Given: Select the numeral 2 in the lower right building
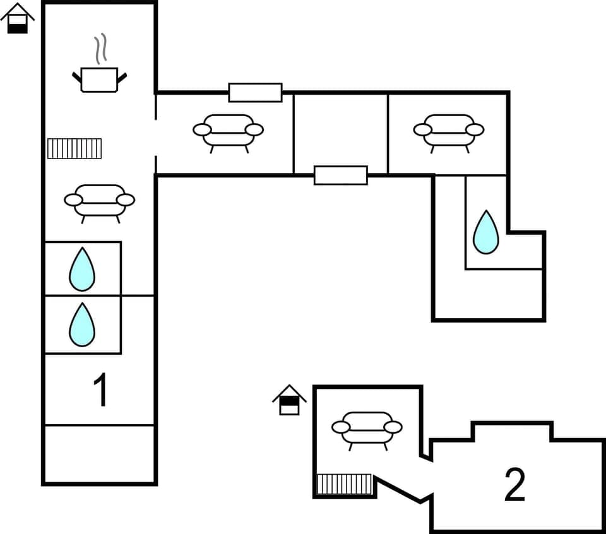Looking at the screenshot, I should click(x=515, y=485).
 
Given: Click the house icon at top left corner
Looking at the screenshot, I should click(x=17, y=19).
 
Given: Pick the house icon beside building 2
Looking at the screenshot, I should click(x=289, y=400).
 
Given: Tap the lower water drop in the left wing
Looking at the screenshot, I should click(x=82, y=324).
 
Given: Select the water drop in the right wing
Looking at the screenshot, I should click(x=486, y=232).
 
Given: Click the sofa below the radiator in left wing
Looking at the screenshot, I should click(x=100, y=201).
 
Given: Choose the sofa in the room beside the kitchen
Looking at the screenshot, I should click(x=228, y=131).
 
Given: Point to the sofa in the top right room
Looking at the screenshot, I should click(x=449, y=131).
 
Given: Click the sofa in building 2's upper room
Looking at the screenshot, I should click(x=367, y=429).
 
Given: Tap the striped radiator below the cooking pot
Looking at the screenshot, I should click(x=74, y=148).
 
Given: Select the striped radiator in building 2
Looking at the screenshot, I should click(x=345, y=484).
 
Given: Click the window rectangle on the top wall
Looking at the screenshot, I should click(x=255, y=92).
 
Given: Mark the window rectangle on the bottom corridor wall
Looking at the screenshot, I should click(x=341, y=175).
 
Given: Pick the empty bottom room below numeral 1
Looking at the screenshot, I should click(x=100, y=454).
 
